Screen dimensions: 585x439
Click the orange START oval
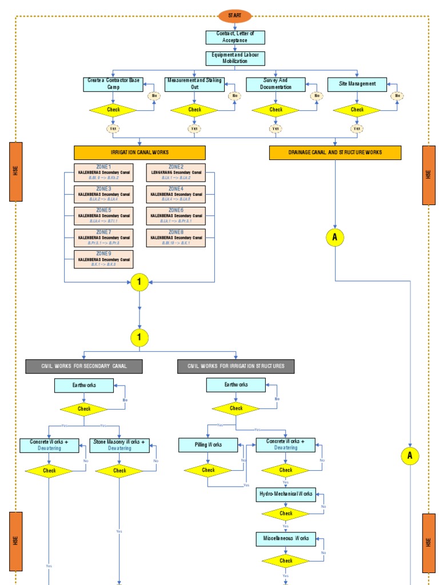click(235, 16)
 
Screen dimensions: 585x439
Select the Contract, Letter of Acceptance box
click(235, 38)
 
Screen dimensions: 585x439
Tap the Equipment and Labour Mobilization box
click(235, 58)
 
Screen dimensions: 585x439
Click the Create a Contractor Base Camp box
click(113, 84)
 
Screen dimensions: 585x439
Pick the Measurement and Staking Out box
click(194, 84)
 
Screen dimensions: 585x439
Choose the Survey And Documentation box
click(276, 84)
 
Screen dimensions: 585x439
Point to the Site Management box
click(357, 84)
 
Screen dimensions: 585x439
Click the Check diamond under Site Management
click(357, 110)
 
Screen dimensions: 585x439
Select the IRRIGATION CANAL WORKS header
click(139, 153)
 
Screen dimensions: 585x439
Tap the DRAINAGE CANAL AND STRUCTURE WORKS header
click(335, 153)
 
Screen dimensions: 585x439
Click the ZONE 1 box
click(103, 173)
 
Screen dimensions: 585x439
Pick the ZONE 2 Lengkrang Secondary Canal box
click(176, 173)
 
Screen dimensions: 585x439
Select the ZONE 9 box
click(103, 259)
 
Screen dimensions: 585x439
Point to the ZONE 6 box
click(176, 216)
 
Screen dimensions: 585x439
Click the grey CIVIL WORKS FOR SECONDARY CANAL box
click(84, 366)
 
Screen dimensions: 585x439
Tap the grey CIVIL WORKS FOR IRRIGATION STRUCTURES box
click(236, 366)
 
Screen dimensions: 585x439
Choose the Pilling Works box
click(208, 444)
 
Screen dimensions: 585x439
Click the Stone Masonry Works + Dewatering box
click(119, 444)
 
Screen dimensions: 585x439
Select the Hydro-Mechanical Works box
click(285, 494)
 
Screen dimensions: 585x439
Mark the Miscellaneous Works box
click(285, 538)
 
